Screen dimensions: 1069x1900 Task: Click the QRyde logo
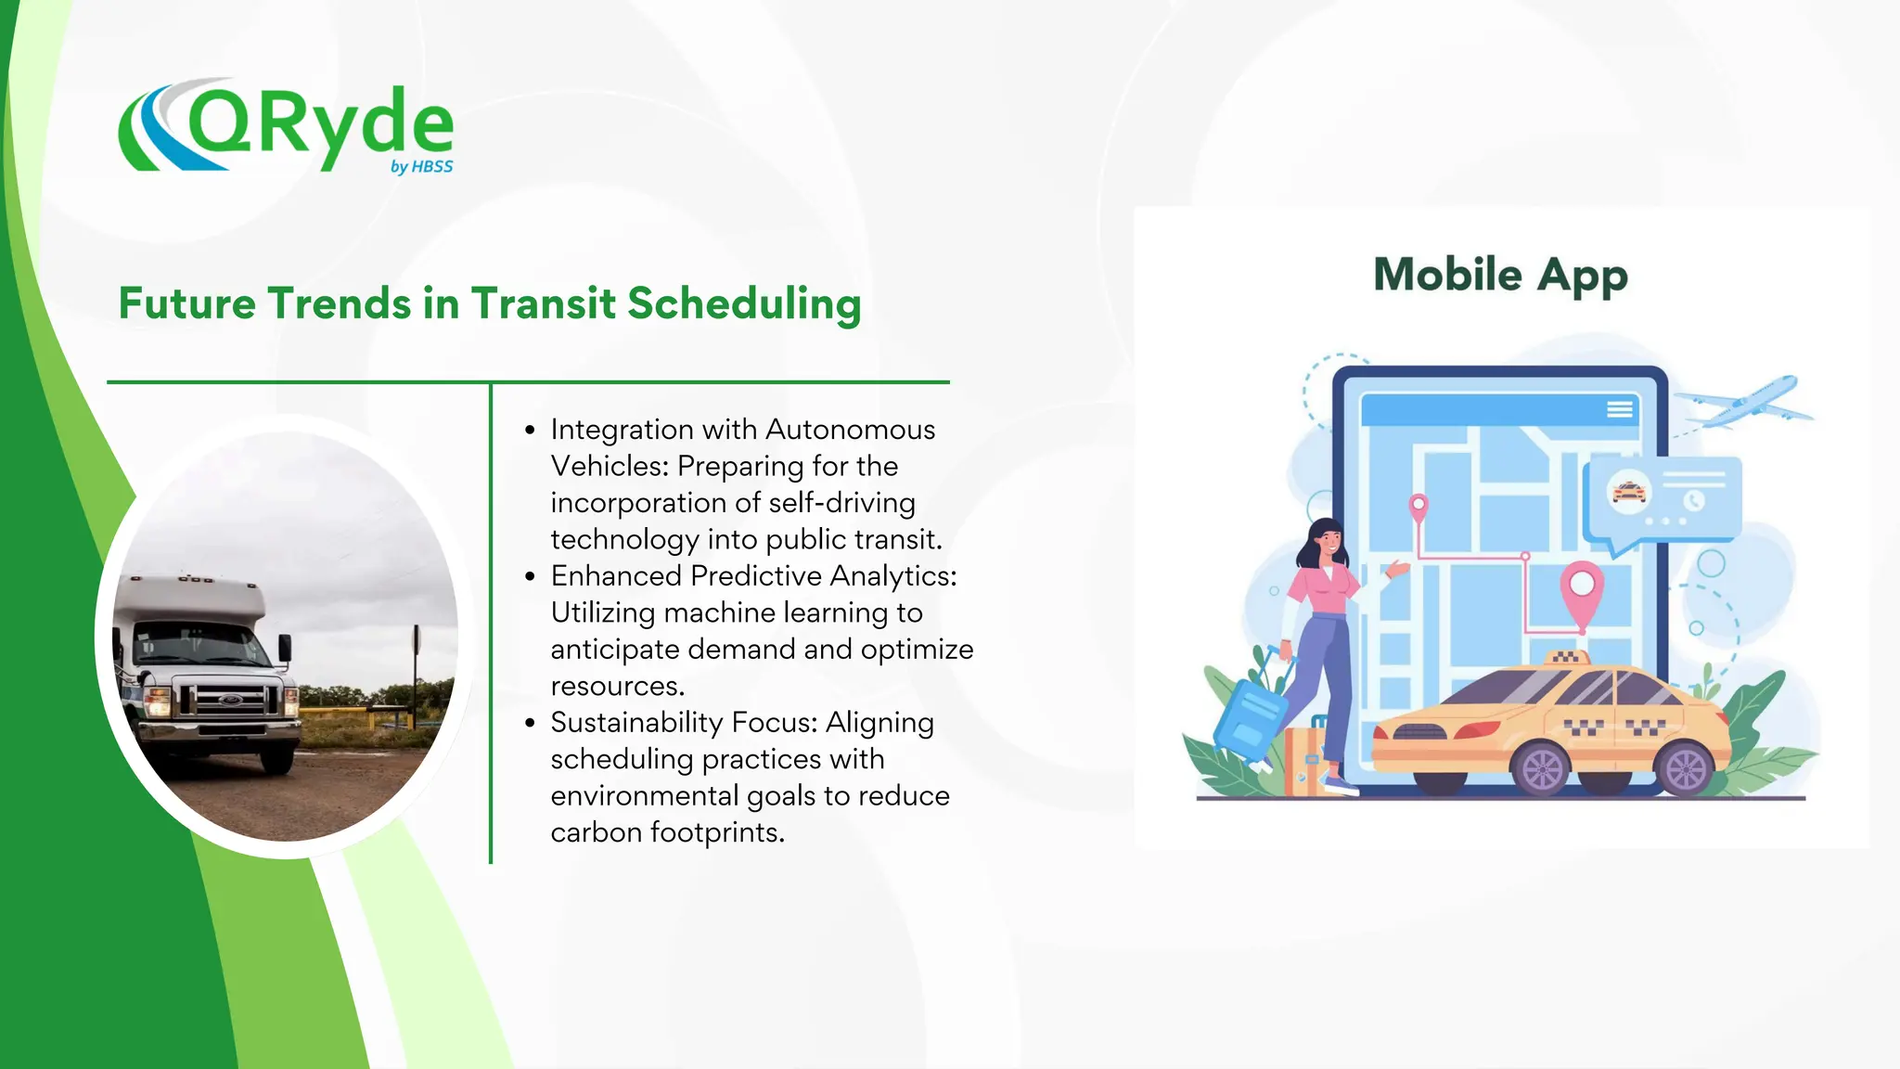pyautogui.click(x=286, y=127)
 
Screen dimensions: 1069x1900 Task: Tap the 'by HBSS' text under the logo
pyautogui.click(x=421, y=167)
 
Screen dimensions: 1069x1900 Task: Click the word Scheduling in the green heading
pyautogui.click(x=744, y=304)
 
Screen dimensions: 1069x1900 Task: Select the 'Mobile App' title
pyautogui.click(x=1500, y=276)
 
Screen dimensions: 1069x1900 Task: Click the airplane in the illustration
pyautogui.click(x=1744, y=402)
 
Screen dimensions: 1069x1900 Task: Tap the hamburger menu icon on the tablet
pyautogui.click(x=1620, y=409)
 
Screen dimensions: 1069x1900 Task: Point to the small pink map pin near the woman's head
pyautogui.click(x=1418, y=508)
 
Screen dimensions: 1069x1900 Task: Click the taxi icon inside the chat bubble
pyautogui.click(x=1629, y=491)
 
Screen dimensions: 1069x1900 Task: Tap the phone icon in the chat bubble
pyautogui.click(x=1694, y=501)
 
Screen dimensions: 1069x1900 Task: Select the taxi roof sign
pyautogui.click(x=1567, y=658)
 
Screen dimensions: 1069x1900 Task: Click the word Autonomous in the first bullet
pyautogui.click(x=850, y=430)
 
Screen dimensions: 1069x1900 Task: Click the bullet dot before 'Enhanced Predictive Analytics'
pyautogui.click(x=530, y=576)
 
